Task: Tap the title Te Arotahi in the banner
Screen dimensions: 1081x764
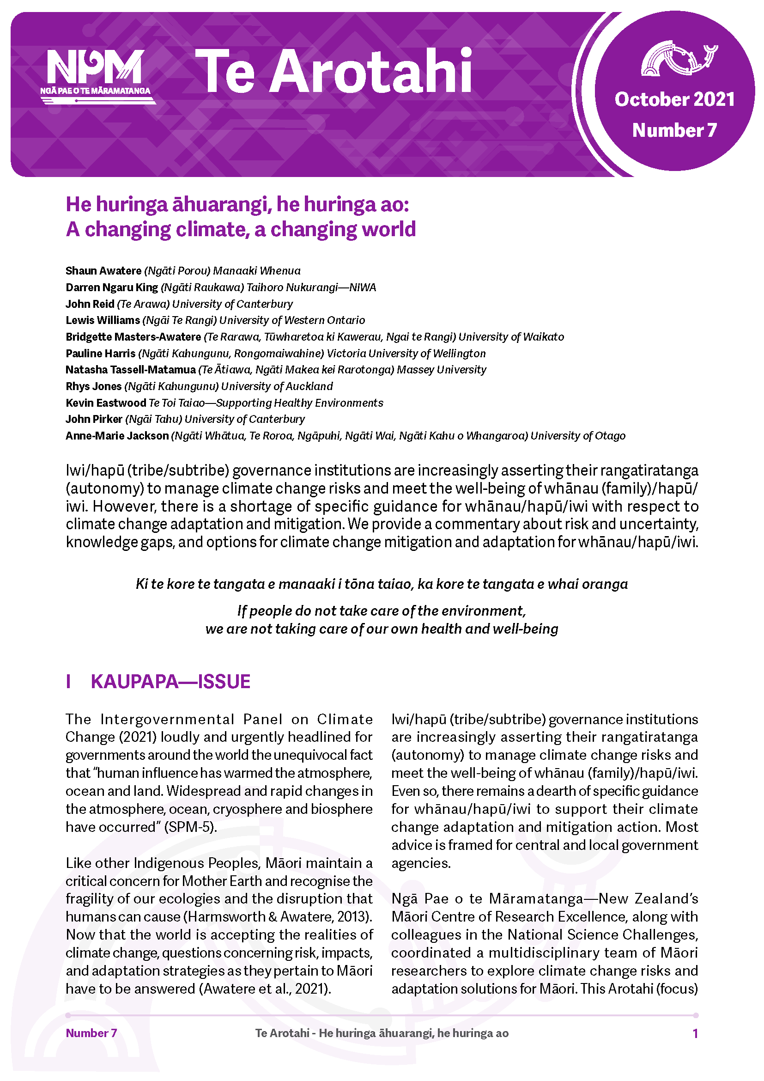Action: tap(333, 72)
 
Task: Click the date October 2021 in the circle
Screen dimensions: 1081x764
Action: tap(674, 99)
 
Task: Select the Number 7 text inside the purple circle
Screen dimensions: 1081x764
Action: tap(674, 130)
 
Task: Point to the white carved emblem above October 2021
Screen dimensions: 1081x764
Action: tap(678, 59)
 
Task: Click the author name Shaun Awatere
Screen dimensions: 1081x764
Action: tap(103, 271)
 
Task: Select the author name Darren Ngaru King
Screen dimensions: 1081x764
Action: tap(112, 287)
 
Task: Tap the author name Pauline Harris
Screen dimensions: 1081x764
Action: tap(101, 353)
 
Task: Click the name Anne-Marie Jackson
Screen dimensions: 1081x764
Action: tap(117, 435)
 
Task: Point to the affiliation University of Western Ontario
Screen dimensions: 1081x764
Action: tap(291, 320)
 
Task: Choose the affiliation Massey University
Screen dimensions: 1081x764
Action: tap(441, 370)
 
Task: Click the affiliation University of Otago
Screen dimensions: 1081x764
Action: tap(578, 435)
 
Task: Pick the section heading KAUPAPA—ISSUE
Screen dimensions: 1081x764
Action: tap(170, 681)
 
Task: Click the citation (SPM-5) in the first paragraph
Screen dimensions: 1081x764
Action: tap(190, 827)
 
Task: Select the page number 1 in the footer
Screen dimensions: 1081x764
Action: tap(695, 1033)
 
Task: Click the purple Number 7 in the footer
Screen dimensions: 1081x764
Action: tap(91, 1033)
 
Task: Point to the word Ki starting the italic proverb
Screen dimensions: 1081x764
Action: tap(141, 584)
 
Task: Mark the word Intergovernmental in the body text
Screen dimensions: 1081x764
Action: tap(167, 719)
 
